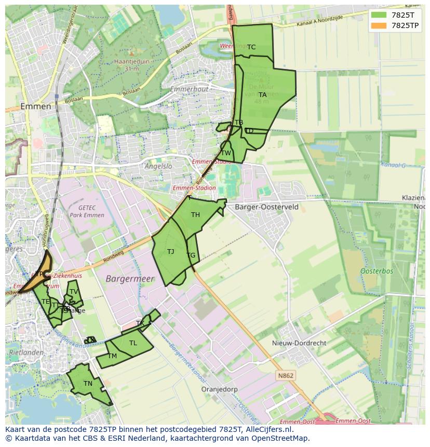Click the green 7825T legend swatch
click(x=379, y=15)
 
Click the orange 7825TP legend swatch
click(x=379, y=25)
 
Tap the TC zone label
click(x=251, y=47)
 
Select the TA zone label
click(x=263, y=95)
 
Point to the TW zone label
click(x=226, y=153)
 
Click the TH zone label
click(x=195, y=215)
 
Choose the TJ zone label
click(x=171, y=252)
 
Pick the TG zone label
click(x=191, y=255)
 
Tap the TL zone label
click(x=133, y=343)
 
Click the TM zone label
click(x=112, y=356)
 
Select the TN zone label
click(x=88, y=384)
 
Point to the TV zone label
click(x=74, y=292)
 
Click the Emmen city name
click(x=36, y=106)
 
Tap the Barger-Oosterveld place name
click(x=266, y=207)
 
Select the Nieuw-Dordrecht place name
click(x=299, y=343)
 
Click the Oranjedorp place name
click(x=219, y=389)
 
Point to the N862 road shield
click(x=285, y=376)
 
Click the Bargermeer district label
click(x=130, y=279)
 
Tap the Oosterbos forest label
click(x=377, y=271)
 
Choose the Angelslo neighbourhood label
click(x=158, y=167)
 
